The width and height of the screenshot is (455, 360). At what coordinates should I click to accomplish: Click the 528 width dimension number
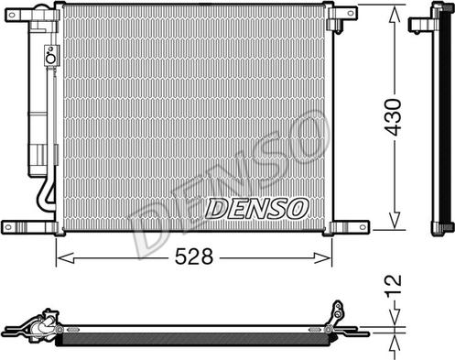click(194, 256)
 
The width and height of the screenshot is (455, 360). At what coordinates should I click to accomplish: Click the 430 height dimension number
click(393, 117)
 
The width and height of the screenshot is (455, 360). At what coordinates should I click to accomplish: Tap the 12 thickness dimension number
click(394, 286)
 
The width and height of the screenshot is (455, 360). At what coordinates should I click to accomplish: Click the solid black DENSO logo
click(257, 209)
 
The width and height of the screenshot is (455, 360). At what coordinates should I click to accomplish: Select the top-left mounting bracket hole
click(13, 15)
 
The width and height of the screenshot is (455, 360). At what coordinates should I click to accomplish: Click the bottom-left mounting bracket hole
click(8, 227)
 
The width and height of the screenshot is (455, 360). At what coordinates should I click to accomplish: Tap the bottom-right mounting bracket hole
click(363, 227)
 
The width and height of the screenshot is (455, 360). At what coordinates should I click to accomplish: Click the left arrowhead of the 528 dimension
click(65, 258)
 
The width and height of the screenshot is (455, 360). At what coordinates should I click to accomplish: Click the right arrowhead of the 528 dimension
click(322, 258)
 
